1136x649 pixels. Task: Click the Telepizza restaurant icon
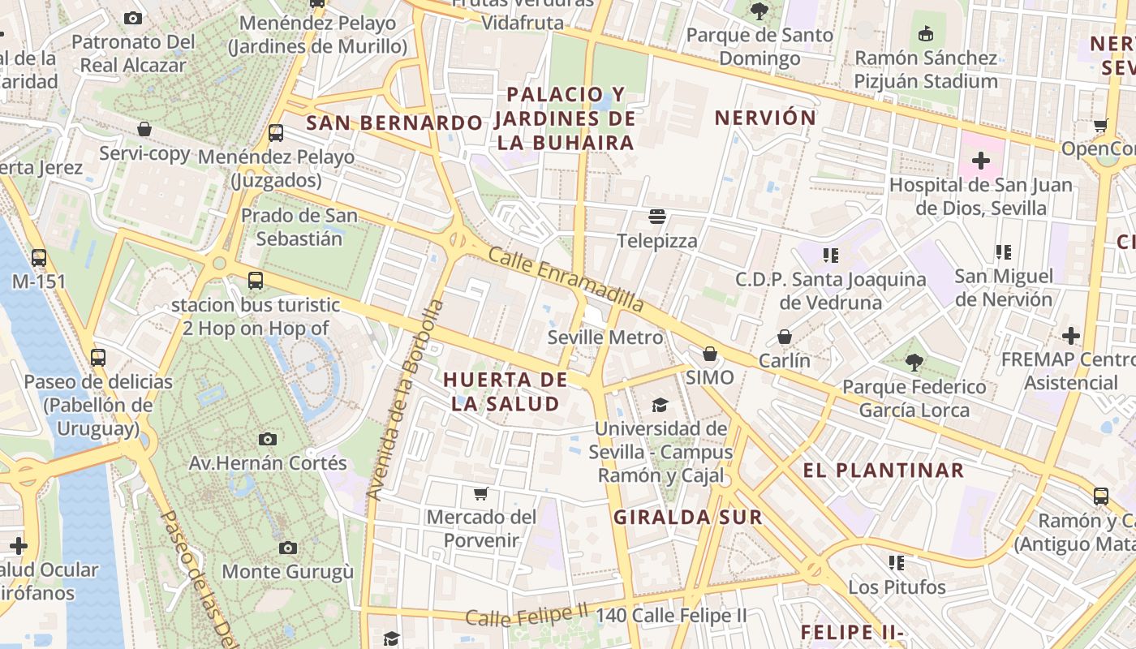point(656,217)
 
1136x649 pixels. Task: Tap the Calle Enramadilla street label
point(566,280)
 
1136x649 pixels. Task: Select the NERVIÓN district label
point(764,118)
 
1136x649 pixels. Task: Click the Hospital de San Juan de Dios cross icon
point(981,161)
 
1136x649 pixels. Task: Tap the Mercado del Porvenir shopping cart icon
point(481,493)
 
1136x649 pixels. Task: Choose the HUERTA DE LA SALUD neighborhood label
point(505,392)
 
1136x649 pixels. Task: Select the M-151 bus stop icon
point(38,258)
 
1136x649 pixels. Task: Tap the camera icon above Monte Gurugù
point(287,548)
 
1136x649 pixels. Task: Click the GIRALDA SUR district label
point(688,518)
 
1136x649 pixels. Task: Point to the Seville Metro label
point(605,337)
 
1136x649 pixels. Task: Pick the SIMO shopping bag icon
point(709,354)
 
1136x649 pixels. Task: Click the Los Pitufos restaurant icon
point(897,562)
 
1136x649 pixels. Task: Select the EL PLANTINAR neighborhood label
point(884,471)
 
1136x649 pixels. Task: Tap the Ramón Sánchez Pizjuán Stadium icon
point(925,33)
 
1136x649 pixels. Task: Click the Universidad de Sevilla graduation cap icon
point(660,405)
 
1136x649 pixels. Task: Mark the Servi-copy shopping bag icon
point(144,129)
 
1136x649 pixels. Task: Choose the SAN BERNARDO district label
point(394,123)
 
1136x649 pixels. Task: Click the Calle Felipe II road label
point(527,617)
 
